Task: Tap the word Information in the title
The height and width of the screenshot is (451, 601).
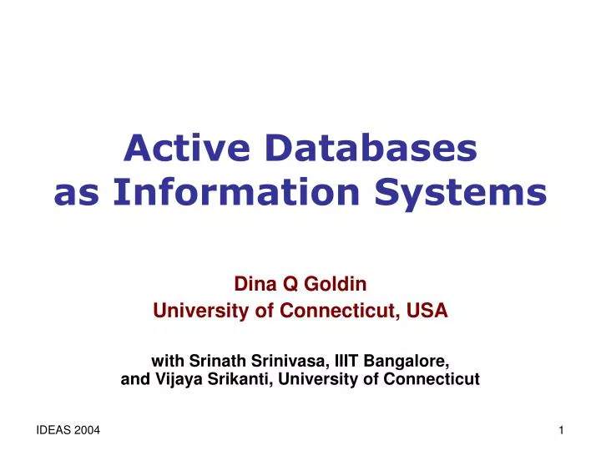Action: (231, 192)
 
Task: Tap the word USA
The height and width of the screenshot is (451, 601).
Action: (430, 311)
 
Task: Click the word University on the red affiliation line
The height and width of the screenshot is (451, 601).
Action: (194, 311)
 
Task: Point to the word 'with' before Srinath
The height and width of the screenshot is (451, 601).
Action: (168, 361)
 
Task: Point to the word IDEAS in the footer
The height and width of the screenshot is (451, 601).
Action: (53, 428)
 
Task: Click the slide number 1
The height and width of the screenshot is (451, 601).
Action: (562, 428)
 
